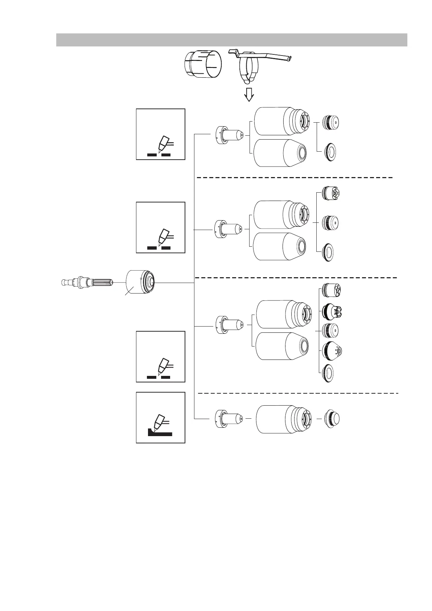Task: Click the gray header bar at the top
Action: pyautogui.click(x=231, y=40)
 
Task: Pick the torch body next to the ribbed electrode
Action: pyautogui.click(x=140, y=282)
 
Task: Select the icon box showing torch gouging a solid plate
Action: pyautogui.click(x=160, y=417)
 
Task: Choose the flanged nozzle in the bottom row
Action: pyautogui.click(x=228, y=419)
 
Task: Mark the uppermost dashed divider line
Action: pyautogui.click(x=295, y=178)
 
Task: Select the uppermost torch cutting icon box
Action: pyautogui.click(x=160, y=134)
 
